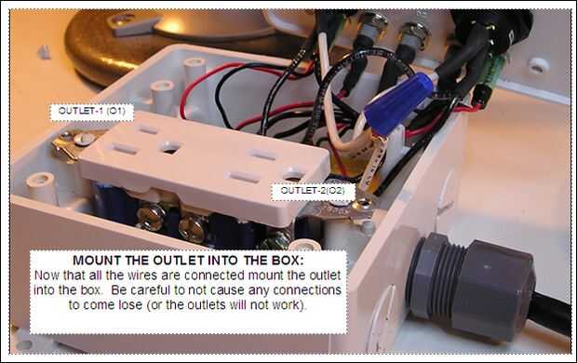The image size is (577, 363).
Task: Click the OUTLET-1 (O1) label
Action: point(91,112)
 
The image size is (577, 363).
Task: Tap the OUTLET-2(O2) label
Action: point(313,191)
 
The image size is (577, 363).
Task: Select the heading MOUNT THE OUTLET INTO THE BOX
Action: point(188,261)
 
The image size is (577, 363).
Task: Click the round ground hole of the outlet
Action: point(170,148)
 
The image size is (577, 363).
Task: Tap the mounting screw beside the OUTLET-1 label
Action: point(85,139)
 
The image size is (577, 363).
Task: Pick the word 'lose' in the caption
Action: point(130,305)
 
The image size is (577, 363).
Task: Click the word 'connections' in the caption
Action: point(307,290)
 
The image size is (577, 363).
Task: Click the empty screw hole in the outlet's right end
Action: point(293,174)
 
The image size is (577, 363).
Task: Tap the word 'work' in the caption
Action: point(288,305)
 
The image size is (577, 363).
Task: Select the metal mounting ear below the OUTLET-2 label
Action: point(344,212)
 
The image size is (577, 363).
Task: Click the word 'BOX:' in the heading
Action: point(288,261)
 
